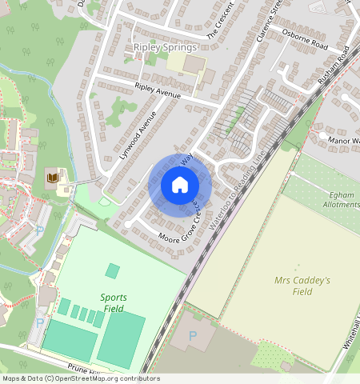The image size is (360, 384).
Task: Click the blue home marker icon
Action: [x=180, y=185]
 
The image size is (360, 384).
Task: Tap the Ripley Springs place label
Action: [x=164, y=47]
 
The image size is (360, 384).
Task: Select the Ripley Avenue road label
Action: [x=158, y=90]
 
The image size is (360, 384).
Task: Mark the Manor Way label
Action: [x=344, y=140]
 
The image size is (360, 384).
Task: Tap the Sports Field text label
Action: [x=113, y=302]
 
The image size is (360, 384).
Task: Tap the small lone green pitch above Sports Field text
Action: [x=113, y=271]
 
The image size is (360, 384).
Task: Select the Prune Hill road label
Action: [x=84, y=369]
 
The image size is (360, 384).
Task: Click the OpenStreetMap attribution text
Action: [x=80, y=378]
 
